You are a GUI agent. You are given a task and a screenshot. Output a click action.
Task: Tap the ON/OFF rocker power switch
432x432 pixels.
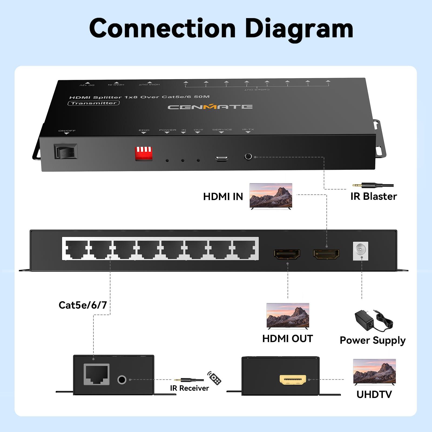click(66, 151)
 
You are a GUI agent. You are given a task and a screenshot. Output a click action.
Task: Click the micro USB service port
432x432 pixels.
click(221, 158)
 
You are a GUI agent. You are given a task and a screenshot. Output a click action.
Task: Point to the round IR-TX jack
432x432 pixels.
click(248, 156)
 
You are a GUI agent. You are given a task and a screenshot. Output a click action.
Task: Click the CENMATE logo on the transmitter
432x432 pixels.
click(210, 107)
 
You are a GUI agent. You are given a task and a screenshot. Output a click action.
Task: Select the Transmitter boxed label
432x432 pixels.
click(93, 103)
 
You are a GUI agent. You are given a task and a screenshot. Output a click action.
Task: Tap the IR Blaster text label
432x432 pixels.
click(373, 197)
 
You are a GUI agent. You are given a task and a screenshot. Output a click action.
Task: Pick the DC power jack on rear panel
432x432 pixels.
click(360, 251)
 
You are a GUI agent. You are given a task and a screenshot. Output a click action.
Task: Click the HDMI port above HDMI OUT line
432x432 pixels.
click(287, 254)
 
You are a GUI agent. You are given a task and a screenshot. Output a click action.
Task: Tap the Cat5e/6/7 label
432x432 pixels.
click(83, 305)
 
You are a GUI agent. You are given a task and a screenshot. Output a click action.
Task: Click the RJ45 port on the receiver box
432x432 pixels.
click(96, 374)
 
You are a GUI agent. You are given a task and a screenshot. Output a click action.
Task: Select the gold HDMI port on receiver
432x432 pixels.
click(293, 380)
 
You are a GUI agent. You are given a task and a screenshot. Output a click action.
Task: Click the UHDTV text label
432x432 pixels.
click(374, 394)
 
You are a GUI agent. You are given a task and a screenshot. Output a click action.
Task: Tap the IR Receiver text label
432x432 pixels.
click(189, 388)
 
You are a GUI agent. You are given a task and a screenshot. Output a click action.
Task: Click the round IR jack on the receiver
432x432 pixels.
click(122, 380)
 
